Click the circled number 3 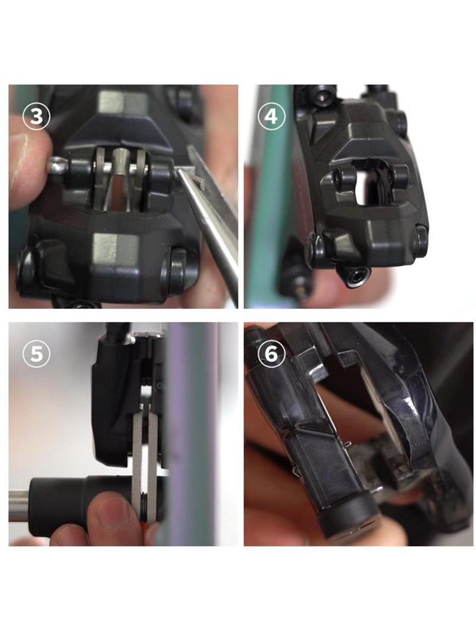click(36, 117)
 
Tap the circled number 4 click(271, 117)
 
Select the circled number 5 click(36, 353)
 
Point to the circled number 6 click(271, 353)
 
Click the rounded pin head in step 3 click(55, 165)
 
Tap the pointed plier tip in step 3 click(179, 173)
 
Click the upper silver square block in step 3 click(123, 102)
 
